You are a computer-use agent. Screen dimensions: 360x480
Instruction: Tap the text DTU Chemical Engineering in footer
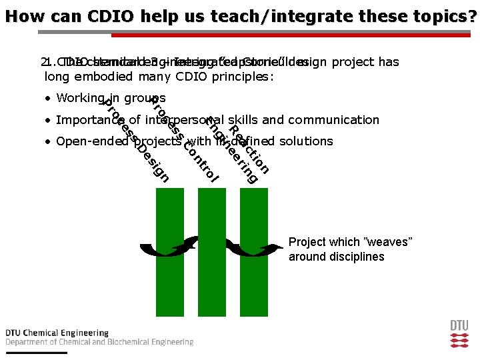point(57,333)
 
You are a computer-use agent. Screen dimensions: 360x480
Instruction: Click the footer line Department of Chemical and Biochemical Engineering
point(99,342)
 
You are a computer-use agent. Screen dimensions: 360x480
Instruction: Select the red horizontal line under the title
point(293,35)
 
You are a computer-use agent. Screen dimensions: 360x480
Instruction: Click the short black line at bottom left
point(36,352)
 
